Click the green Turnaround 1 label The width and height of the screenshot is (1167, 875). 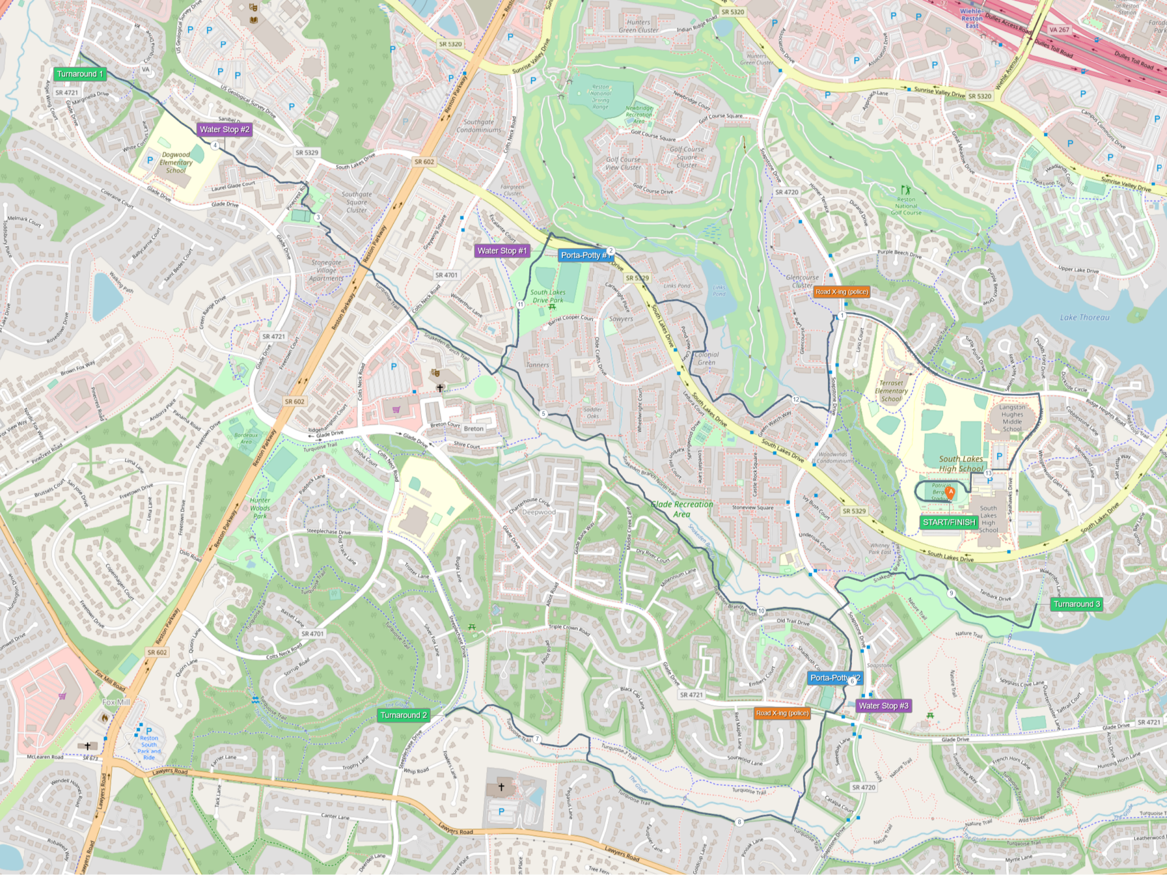coord(80,74)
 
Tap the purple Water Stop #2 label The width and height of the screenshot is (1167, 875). coord(225,129)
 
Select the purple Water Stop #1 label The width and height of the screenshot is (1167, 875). coord(502,251)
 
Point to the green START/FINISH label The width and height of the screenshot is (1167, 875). coord(949,522)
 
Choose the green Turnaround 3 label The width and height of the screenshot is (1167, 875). coord(1077,604)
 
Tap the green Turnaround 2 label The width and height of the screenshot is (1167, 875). coord(404,715)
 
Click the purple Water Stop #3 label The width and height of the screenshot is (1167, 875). coord(883,706)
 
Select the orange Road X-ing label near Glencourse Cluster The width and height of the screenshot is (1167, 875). coord(841,292)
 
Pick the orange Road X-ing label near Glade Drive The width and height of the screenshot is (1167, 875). coord(782,713)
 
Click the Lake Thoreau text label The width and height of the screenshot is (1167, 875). coord(1085,317)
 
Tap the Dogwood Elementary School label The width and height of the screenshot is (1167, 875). coord(176,163)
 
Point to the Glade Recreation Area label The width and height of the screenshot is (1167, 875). coord(682,509)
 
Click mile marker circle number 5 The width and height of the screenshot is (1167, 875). coord(543,414)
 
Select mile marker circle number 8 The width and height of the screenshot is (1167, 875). coord(739,822)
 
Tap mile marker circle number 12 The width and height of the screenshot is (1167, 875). coord(796,400)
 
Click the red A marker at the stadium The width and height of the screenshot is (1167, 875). coord(951,492)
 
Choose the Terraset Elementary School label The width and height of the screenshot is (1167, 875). coord(891,391)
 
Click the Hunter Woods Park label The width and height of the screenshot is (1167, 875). coord(260,508)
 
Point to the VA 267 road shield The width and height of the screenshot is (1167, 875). coord(1059,30)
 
